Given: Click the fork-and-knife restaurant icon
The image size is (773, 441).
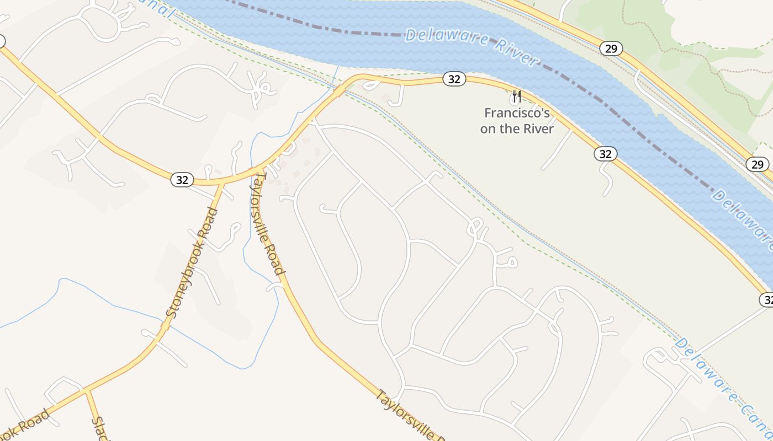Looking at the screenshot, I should pyautogui.click(x=516, y=98).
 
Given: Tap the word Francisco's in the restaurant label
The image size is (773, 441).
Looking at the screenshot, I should pyautogui.click(x=517, y=114).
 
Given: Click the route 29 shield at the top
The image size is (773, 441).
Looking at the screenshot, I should pyautogui.click(x=611, y=49).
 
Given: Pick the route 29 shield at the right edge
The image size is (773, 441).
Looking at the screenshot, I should pyautogui.click(x=757, y=164).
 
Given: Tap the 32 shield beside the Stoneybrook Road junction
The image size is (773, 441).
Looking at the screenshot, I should pyautogui.click(x=182, y=179).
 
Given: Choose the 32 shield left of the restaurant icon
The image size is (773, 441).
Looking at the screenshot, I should pyautogui.click(x=454, y=79).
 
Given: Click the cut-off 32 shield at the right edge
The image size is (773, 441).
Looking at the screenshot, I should pyautogui.click(x=766, y=299).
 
